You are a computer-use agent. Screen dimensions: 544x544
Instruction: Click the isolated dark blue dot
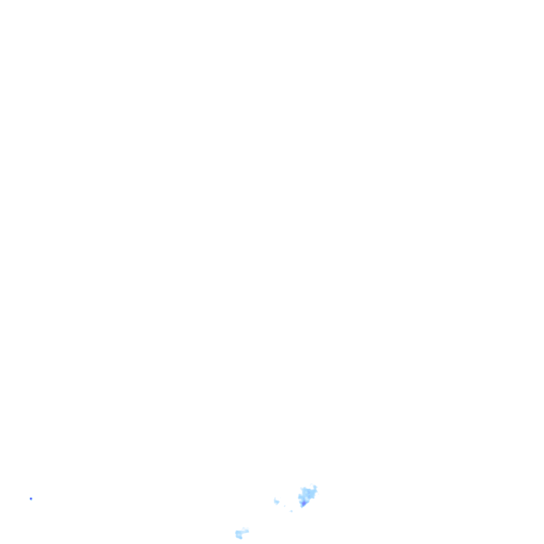pos(31,498)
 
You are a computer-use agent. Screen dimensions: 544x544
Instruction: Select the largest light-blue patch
pos(308,494)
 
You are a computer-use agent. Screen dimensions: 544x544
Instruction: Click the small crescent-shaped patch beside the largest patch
pos(276,501)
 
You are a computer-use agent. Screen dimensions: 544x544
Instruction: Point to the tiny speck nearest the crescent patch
pos(285,506)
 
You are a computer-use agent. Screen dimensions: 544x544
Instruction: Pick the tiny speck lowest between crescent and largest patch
pos(291,511)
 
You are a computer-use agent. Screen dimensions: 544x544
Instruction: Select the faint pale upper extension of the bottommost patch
pos(244,529)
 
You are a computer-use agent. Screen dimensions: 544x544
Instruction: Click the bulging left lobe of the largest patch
pos(300,497)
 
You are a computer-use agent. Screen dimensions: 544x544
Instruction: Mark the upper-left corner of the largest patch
pos(302,489)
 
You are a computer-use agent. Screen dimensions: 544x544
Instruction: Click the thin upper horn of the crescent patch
pos(275,499)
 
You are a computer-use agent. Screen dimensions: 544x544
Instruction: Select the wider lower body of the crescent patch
pos(277,502)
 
